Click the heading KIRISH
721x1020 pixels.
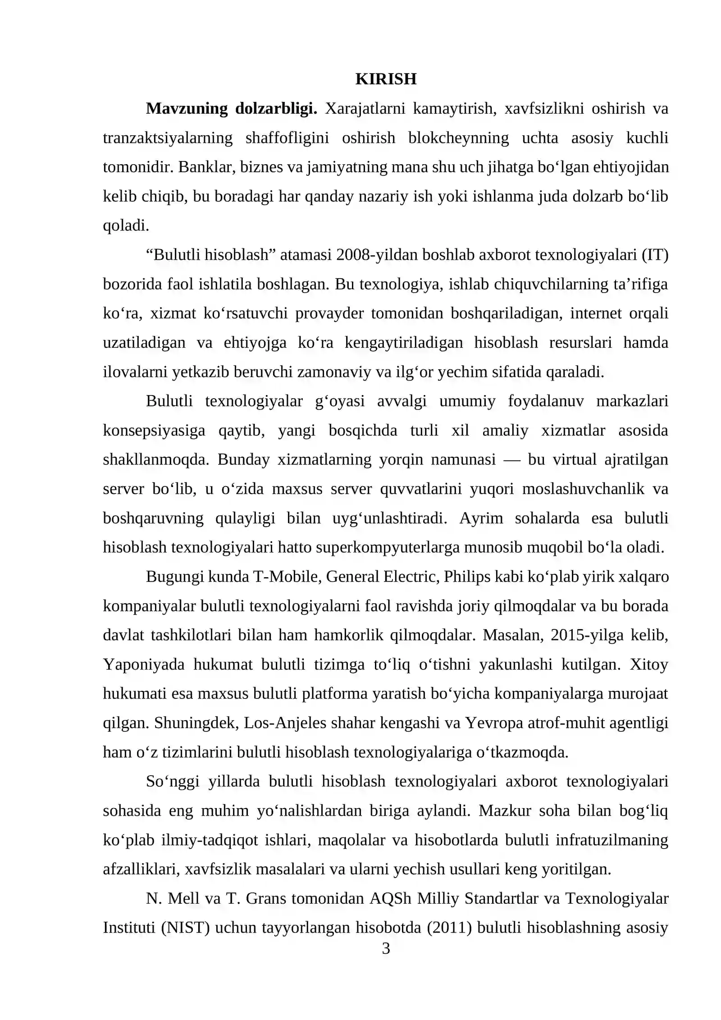click(386, 79)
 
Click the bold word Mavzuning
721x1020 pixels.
click(187, 109)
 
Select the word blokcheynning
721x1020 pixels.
click(458, 138)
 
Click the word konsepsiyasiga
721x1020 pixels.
click(154, 430)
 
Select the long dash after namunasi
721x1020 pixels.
click(511, 460)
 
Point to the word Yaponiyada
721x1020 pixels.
click(144, 664)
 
